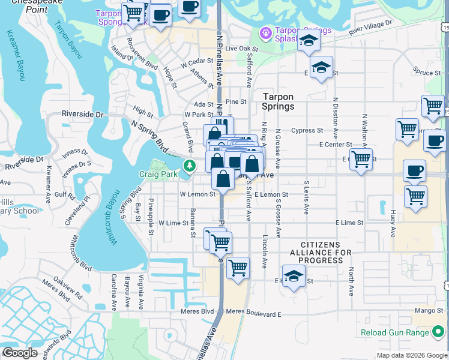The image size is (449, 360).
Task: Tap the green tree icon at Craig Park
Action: click(190, 166)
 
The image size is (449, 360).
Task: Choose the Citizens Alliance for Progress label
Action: click(327, 253)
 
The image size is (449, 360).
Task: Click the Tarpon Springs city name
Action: click(278, 101)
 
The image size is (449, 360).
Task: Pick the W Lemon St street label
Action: click(197, 194)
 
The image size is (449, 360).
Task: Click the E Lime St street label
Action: click(349, 223)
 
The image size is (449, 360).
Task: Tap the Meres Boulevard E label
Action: click(253, 314)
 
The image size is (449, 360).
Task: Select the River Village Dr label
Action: click(370, 26)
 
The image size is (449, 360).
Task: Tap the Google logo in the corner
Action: click(20, 353)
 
